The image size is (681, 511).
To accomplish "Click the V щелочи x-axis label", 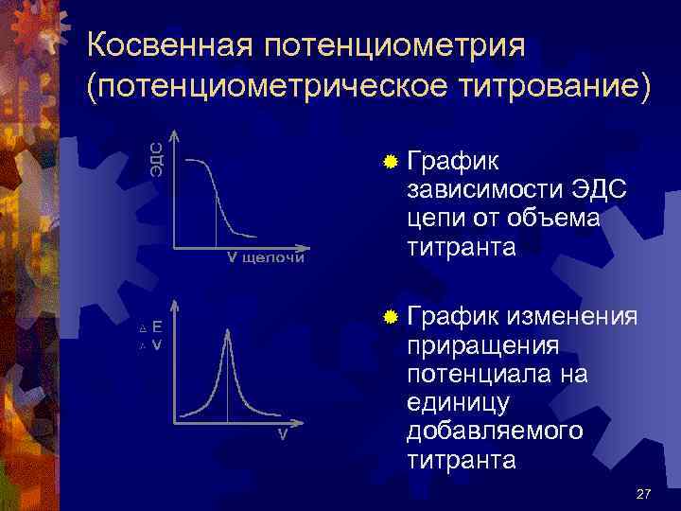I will click(x=265, y=259).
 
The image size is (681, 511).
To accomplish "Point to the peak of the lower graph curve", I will click(x=227, y=329).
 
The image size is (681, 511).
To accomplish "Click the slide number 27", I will click(x=644, y=494).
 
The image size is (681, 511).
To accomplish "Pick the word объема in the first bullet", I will click(x=555, y=220).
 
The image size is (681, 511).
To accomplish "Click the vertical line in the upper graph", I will click(x=217, y=217).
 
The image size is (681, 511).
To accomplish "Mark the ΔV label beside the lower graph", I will click(x=150, y=345).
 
